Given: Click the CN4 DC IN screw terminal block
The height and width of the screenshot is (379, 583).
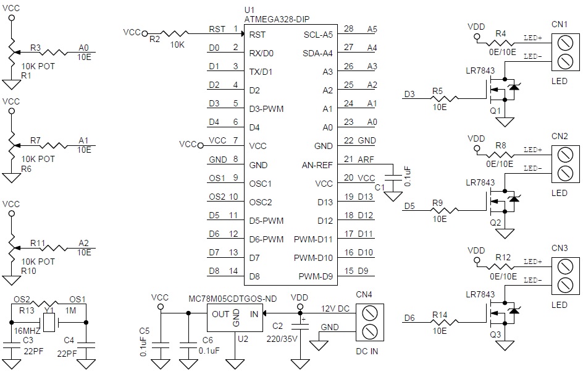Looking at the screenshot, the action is pyautogui.click(x=369, y=322).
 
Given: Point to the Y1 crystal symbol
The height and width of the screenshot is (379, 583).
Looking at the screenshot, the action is pyautogui.click(x=49, y=322).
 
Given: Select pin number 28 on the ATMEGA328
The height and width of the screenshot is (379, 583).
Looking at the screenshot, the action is pyautogui.click(x=348, y=28).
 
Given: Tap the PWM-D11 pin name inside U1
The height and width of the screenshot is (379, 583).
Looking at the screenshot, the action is pyautogui.click(x=313, y=239).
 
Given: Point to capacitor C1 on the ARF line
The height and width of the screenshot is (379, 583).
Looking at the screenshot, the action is pyautogui.click(x=393, y=177).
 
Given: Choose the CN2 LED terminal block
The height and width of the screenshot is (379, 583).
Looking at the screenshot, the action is pyautogui.click(x=565, y=164).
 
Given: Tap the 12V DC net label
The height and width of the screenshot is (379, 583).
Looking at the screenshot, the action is pyautogui.click(x=335, y=309).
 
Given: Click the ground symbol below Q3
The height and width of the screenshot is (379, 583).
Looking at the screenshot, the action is pyautogui.click(x=505, y=346).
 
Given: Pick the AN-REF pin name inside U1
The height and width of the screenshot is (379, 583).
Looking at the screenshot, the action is pyautogui.click(x=317, y=165).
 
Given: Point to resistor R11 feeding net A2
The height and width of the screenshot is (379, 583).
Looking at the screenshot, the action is pyautogui.click(x=54, y=248).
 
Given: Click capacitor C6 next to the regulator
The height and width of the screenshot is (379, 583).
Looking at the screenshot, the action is pyautogui.click(x=188, y=347).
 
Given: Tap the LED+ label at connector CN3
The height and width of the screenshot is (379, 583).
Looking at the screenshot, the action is pyautogui.click(x=533, y=262).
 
